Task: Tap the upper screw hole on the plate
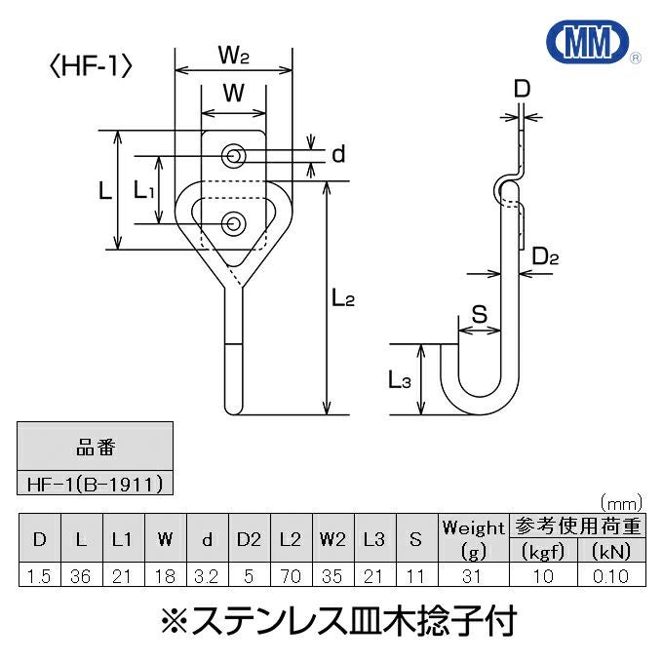[x=233, y=155]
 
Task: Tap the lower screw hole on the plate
[x=233, y=223]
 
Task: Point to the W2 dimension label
[x=234, y=58]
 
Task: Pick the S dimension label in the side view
[x=480, y=314]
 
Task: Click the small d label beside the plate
[x=338, y=155]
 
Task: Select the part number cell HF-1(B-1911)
[x=96, y=483]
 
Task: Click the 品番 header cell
[x=96, y=448]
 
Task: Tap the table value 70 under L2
[x=289, y=575]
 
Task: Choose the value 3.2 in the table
[x=206, y=575]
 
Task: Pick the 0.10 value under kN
[x=613, y=575]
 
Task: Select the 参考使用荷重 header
[x=577, y=527]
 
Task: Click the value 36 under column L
[x=81, y=575]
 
